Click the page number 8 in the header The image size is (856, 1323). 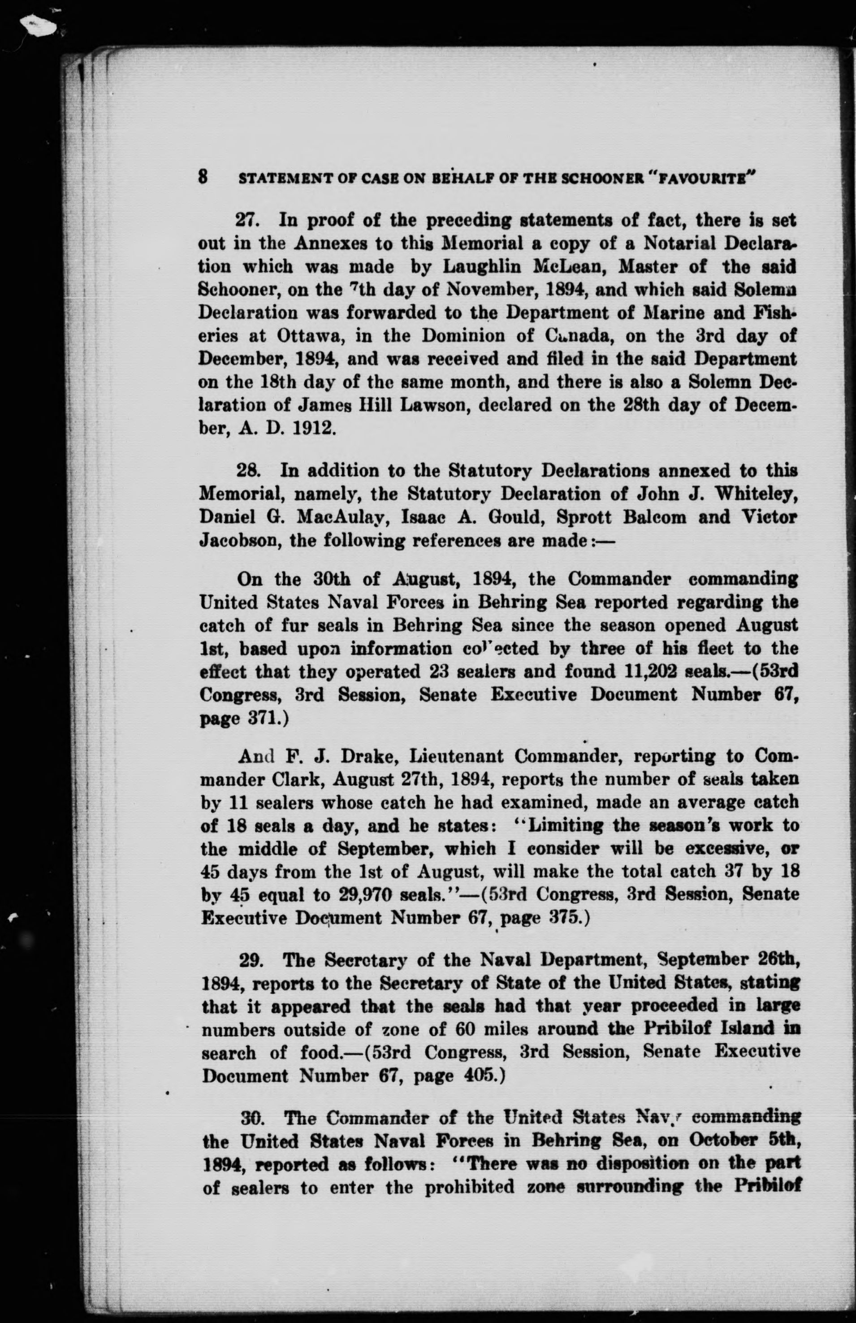click(x=203, y=177)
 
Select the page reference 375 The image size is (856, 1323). click(x=561, y=918)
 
